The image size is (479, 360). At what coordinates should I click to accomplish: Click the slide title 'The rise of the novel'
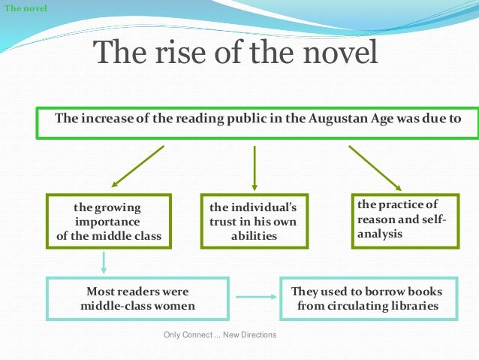235,53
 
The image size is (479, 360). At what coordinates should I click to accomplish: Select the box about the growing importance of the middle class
108,222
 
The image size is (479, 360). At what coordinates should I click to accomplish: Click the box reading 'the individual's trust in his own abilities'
253,222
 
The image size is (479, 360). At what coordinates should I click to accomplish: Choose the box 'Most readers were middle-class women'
137,298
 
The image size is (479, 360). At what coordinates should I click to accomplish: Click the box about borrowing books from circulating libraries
367,298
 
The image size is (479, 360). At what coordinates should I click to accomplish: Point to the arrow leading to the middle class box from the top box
137,166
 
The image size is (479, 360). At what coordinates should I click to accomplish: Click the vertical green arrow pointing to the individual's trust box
255,167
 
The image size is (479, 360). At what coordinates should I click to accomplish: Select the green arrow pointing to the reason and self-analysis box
375,168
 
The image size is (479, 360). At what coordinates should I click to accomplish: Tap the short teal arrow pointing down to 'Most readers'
104,262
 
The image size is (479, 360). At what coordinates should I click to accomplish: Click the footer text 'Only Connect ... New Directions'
219,334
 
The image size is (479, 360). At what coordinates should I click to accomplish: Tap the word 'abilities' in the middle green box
254,236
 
